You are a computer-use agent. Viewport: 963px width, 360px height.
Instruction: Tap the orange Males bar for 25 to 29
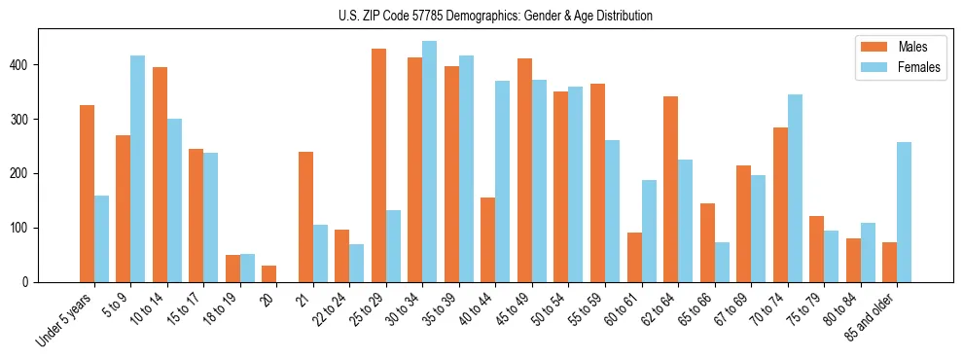378,165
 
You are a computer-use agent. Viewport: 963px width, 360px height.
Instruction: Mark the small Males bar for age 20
268,273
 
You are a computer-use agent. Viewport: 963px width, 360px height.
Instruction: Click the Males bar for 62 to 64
670,189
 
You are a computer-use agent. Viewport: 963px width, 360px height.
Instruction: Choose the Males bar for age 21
305,217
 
